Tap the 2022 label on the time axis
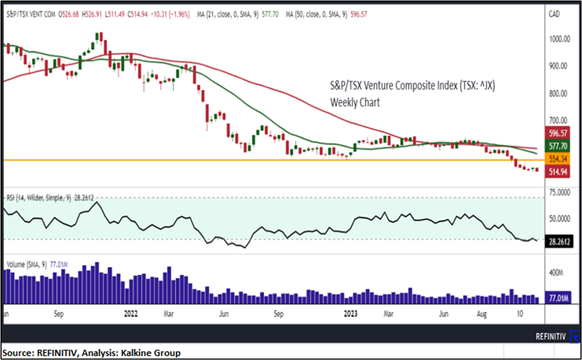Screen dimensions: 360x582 coord(131,313)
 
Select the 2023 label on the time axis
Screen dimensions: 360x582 coord(350,313)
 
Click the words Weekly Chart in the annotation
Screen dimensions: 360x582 coord(355,102)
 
